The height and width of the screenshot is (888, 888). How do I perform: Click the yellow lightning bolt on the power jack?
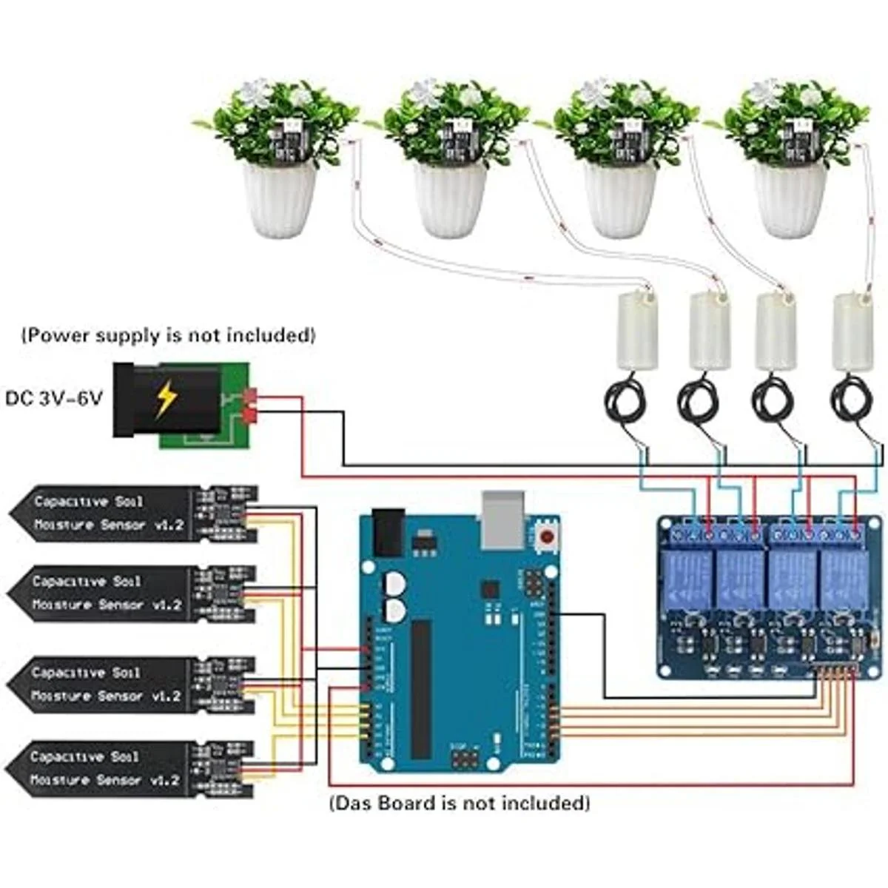click(165, 400)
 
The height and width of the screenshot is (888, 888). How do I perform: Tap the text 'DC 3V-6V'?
click(55, 398)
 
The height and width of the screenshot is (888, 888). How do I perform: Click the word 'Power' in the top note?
click(58, 335)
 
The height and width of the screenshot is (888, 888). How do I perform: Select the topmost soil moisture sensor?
click(133, 514)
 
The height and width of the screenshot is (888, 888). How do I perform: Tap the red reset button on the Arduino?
click(548, 537)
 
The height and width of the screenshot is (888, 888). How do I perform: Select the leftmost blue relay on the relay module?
click(690, 578)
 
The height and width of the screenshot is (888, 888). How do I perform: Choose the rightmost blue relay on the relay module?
click(844, 578)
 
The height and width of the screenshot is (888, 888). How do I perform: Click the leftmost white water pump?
click(636, 331)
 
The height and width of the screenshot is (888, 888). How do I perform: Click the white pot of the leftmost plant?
click(279, 200)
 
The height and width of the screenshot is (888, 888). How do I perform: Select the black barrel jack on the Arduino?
click(387, 531)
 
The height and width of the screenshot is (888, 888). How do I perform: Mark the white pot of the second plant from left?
click(449, 200)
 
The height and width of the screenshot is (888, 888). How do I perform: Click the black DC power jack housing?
click(166, 400)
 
